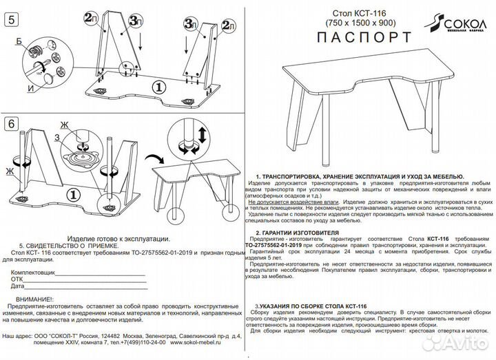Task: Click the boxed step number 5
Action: coord(10,19)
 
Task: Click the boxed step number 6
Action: coord(10,124)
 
